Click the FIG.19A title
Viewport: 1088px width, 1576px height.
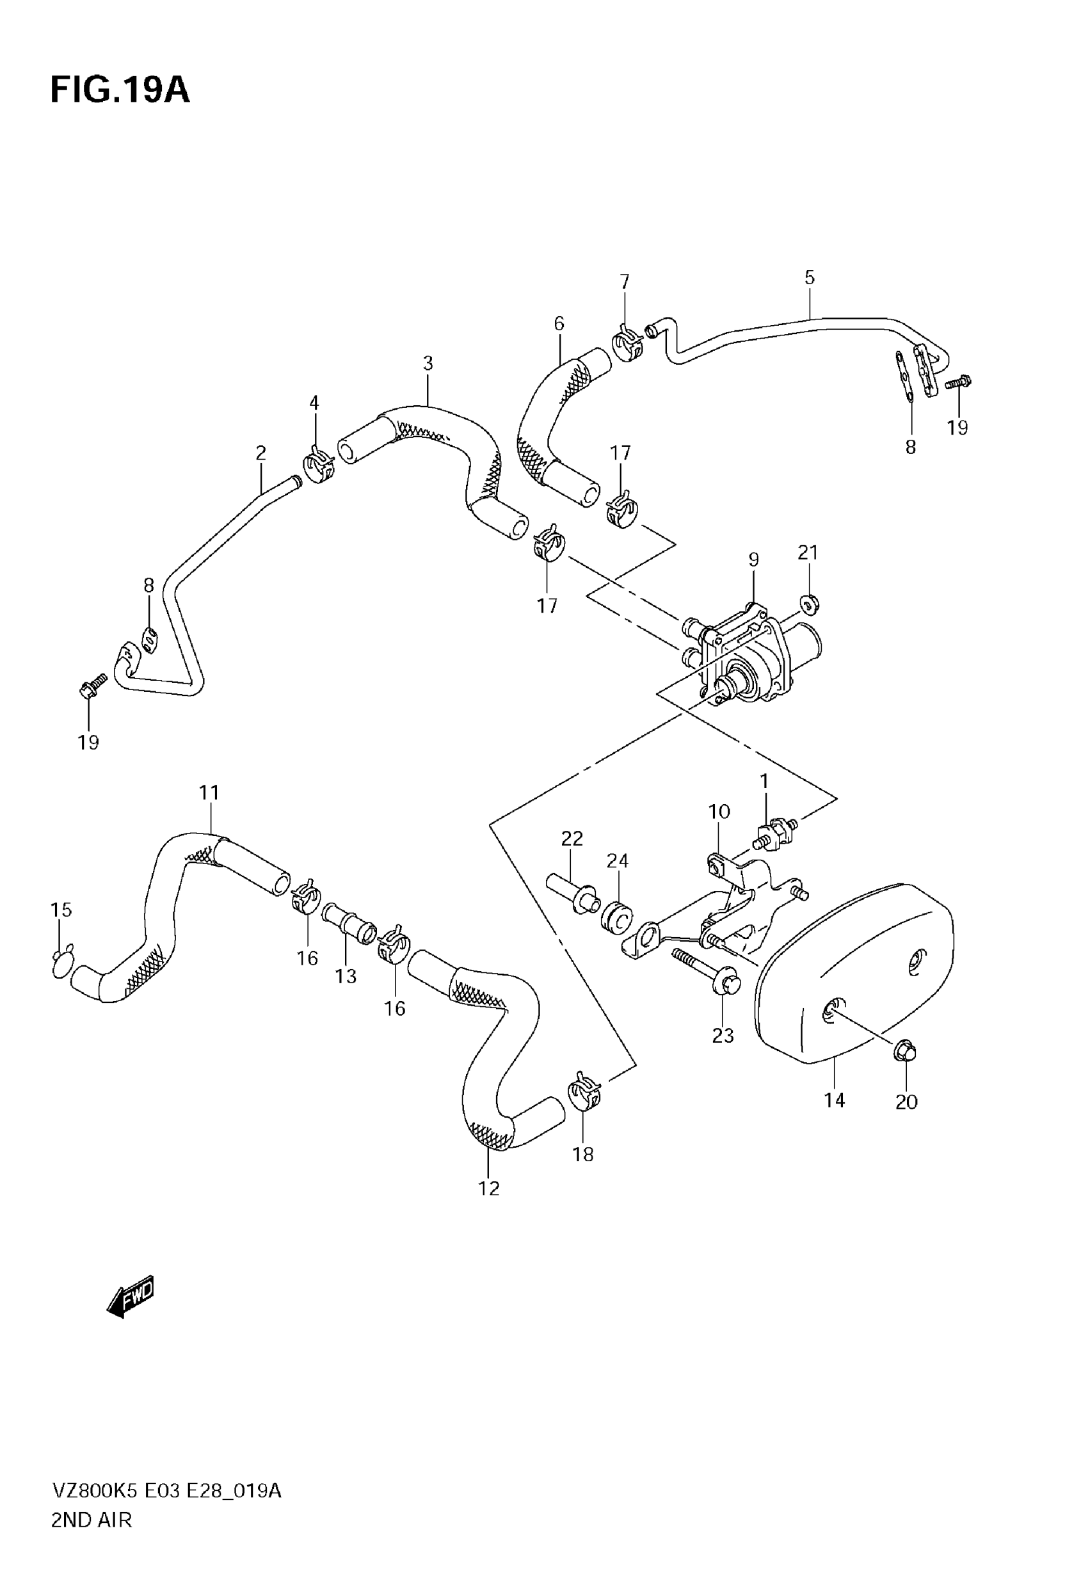pyautogui.click(x=120, y=91)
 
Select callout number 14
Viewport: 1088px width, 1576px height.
pyautogui.click(x=835, y=1100)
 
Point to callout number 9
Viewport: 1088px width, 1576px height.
pyautogui.click(x=753, y=559)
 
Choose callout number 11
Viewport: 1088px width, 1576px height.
pyautogui.click(x=209, y=792)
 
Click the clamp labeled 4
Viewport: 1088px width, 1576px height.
pyautogui.click(x=317, y=465)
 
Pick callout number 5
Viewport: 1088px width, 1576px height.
pyautogui.click(x=809, y=277)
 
